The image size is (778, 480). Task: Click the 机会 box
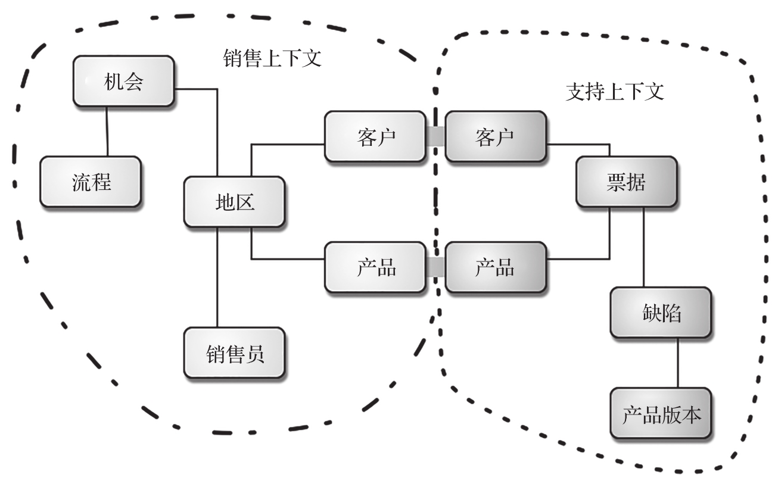click(124, 81)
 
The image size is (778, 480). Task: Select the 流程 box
click(91, 182)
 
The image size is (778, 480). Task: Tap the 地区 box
click(235, 202)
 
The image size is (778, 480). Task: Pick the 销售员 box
click(235, 353)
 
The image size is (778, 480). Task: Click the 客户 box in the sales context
click(375, 136)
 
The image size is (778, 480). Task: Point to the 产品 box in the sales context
click(375, 267)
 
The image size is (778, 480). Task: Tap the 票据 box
click(627, 182)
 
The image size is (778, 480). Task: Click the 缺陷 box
click(661, 312)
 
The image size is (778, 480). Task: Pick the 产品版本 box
click(661, 413)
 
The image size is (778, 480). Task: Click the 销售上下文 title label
click(272, 58)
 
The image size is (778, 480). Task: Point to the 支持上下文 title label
click(615, 92)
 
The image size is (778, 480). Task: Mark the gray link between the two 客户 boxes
click(435, 136)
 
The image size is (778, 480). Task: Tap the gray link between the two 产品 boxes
click(435, 267)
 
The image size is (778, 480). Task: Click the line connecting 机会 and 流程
click(107, 131)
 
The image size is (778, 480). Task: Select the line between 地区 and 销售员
click(217, 277)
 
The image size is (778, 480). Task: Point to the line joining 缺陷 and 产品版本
click(678, 363)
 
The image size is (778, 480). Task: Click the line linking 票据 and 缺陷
click(643, 247)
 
